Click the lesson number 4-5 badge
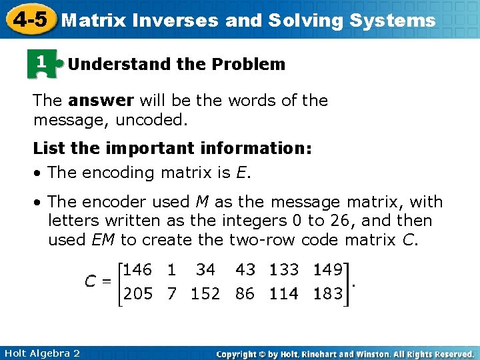(x=29, y=19)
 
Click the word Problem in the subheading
(x=249, y=65)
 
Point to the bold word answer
(x=101, y=101)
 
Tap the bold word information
(x=255, y=149)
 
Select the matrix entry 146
(x=138, y=270)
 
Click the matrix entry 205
(x=138, y=294)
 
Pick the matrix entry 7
(x=172, y=294)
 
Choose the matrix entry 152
(x=205, y=294)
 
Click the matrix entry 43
(x=245, y=270)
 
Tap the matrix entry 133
(x=284, y=270)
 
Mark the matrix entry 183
(x=328, y=294)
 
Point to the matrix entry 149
(x=328, y=270)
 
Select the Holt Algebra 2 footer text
(x=41, y=353)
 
